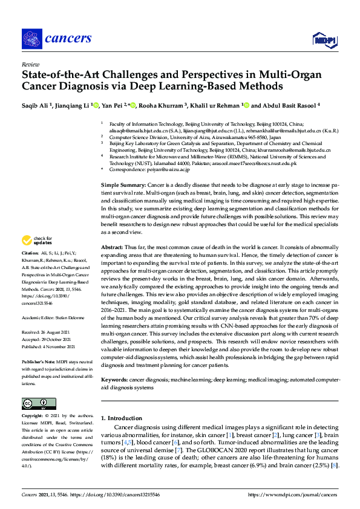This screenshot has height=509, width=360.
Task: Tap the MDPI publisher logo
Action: click(x=324, y=40)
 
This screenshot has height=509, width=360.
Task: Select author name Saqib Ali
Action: click(x=36, y=105)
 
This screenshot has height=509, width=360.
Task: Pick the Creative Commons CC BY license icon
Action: click(x=34, y=403)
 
